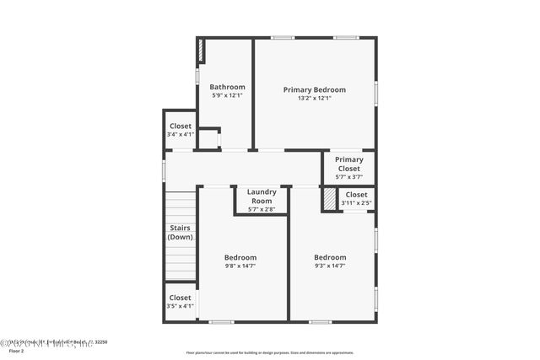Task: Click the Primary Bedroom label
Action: [x=314, y=89]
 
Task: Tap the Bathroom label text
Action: [x=227, y=87]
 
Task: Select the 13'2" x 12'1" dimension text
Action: [x=314, y=98]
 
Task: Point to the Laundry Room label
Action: [x=262, y=196]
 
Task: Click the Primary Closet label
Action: [x=348, y=164]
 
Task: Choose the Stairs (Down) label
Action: [x=180, y=232]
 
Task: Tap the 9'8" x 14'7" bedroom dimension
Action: [x=240, y=266]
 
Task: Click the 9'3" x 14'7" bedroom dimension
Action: [x=330, y=266]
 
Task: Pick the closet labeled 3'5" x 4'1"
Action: [x=180, y=301]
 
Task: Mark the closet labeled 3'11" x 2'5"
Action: [x=356, y=198]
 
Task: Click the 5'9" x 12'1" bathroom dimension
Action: [x=227, y=95]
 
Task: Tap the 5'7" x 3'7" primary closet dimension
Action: [x=348, y=176]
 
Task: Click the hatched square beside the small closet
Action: [x=329, y=199]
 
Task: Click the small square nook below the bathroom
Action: [x=208, y=139]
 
